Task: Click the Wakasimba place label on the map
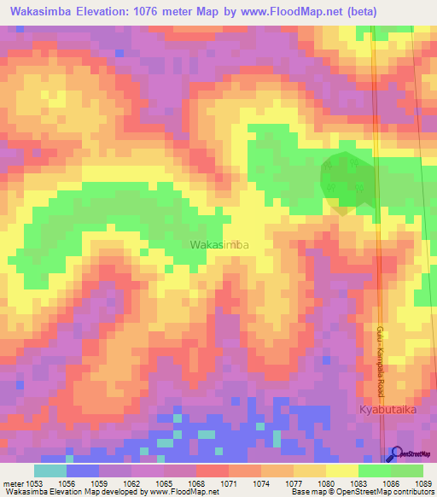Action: pos(219,245)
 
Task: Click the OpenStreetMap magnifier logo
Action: pos(395,455)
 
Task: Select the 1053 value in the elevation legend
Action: pos(34,482)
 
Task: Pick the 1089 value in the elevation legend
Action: pos(424,482)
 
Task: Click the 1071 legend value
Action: pos(229,482)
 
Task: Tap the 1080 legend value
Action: pos(326,482)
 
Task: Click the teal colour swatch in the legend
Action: pos(50,471)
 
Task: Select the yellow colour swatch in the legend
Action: pos(342,471)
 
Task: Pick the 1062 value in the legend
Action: pos(131,482)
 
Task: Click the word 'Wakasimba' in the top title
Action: pos(38,13)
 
